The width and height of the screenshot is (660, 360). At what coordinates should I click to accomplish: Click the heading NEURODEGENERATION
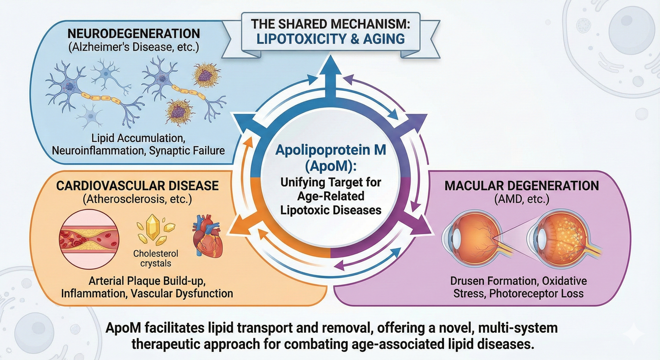point(133,33)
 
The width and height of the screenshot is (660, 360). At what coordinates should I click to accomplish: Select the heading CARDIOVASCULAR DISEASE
point(137,185)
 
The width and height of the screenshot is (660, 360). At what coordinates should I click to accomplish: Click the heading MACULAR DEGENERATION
point(521,185)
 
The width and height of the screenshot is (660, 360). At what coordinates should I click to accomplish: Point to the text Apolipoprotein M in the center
point(330,150)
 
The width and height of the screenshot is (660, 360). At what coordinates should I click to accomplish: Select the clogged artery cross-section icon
point(89,239)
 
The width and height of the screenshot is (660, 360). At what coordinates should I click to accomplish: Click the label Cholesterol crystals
point(156,258)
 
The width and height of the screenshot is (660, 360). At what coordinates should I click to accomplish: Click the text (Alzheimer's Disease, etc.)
point(133,47)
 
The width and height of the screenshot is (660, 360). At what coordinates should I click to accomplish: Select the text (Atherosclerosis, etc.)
point(137,199)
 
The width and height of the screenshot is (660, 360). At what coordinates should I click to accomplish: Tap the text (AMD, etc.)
point(521,199)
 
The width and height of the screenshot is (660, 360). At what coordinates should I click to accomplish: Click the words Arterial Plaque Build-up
point(147,281)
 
